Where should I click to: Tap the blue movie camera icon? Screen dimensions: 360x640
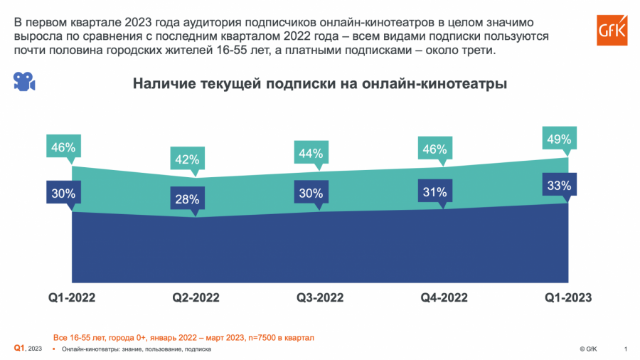[24, 81]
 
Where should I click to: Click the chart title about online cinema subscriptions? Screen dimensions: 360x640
[320, 84]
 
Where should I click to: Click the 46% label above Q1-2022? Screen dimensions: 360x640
[63, 148]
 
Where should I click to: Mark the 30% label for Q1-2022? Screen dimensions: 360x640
[63, 192]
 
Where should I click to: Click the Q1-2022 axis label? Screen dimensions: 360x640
[72, 297]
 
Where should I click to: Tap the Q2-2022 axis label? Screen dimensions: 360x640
[196, 297]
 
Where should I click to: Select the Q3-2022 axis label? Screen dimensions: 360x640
[320, 297]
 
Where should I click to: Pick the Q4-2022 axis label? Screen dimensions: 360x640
[444, 297]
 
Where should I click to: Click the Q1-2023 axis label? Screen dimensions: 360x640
[568, 297]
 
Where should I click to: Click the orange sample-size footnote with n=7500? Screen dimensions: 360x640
[183, 337]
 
